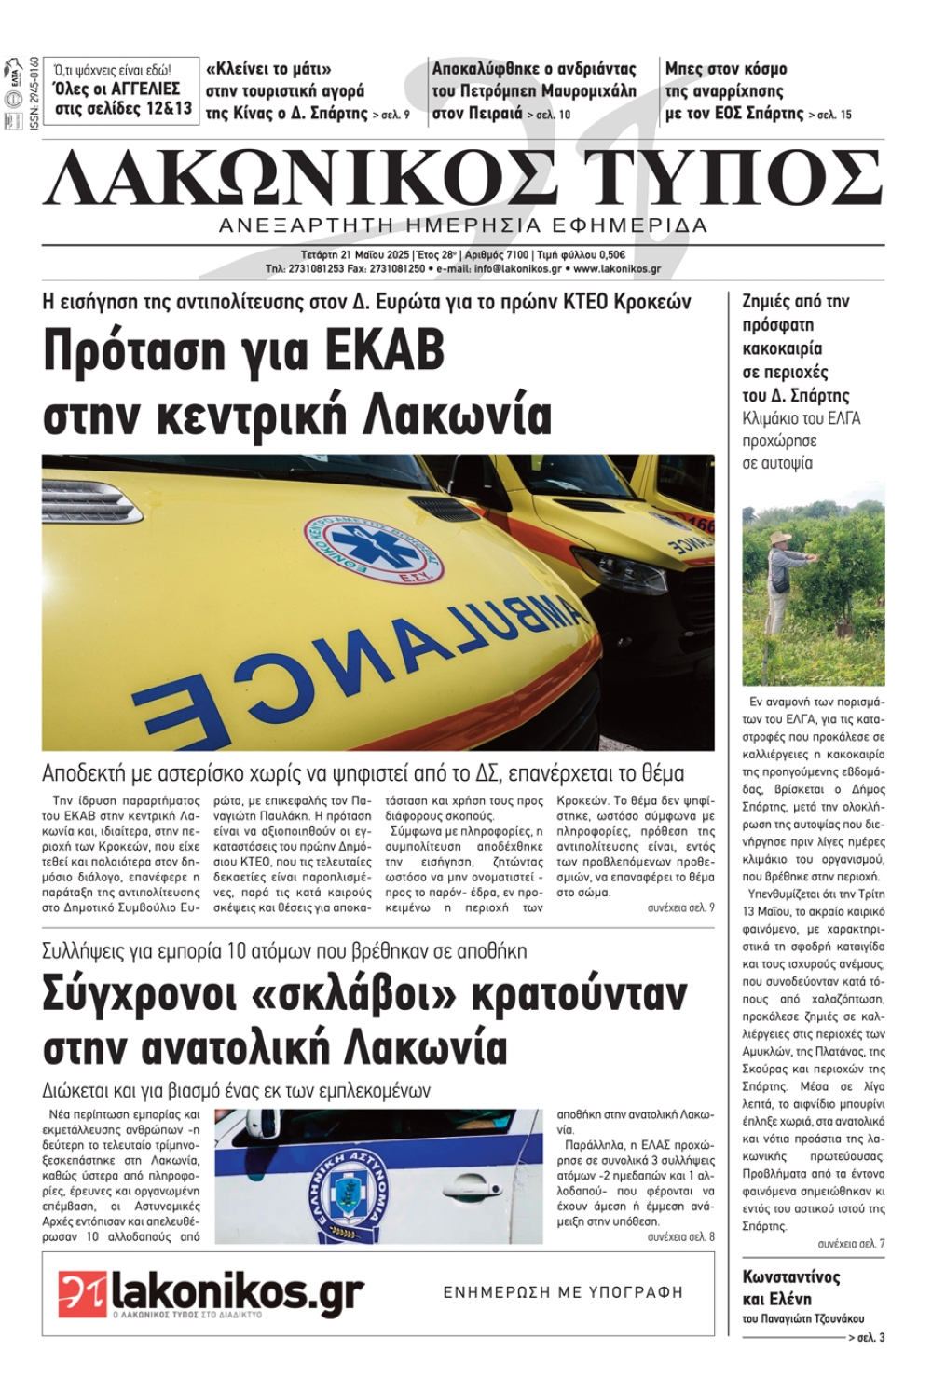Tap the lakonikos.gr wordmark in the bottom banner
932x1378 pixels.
(237, 1291)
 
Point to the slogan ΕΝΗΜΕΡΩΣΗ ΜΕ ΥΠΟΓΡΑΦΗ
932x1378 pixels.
(563, 1292)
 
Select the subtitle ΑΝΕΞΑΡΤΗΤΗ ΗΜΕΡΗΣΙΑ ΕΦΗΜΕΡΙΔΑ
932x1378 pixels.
(463, 225)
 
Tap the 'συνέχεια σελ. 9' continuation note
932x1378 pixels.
(680, 907)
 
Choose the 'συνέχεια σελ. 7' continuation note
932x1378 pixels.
(851, 1244)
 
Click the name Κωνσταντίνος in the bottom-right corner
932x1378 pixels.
(791, 1277)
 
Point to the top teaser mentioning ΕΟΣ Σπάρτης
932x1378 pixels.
(757, 91)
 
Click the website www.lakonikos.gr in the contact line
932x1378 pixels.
(617, 269)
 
